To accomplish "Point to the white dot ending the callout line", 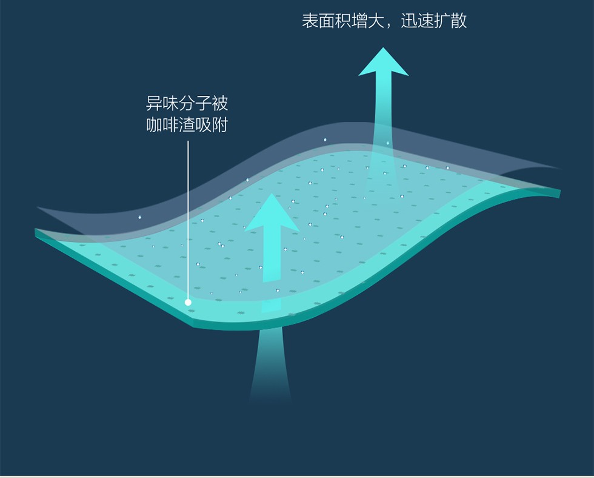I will [188, 301].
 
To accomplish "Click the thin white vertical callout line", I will [188, 218].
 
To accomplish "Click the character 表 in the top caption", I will [310, 21].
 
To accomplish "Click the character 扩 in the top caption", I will [442, 21].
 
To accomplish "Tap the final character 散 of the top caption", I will [459, 21].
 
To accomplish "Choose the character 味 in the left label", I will [171, 103].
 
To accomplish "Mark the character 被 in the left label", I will [220, 103].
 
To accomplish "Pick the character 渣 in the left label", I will [187, 125].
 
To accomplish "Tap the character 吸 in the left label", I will [204, 125].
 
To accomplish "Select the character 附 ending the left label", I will [220, 125].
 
